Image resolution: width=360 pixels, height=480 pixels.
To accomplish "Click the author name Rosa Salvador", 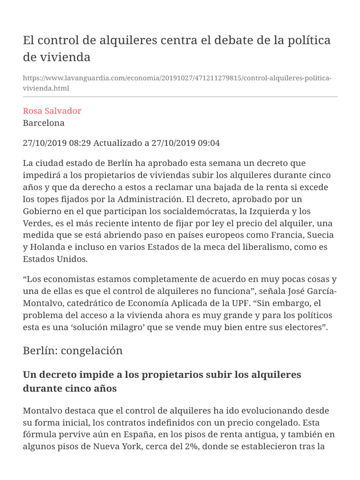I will click(52, 111).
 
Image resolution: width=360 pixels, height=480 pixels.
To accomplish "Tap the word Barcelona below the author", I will click(44, 123).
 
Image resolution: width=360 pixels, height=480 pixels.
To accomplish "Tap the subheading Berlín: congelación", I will click(73, 351).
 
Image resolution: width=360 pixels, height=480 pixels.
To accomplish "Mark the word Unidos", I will click(71, 259).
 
